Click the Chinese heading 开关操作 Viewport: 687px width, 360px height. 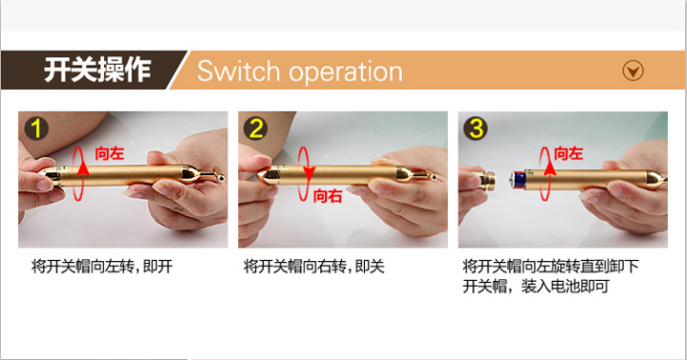pyautogui.click(x=97, y=70)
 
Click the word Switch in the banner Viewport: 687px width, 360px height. pyautogui.click(x=238, y=70)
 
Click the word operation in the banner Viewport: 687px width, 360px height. pyautogui.click(x=346, y=72)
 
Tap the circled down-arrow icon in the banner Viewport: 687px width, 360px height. pyautogui.click(x=633, y=70)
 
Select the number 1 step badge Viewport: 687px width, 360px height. pyautogui.click(x=36, y=129)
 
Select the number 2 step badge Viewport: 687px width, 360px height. pyautogui.click(x=256, y=129)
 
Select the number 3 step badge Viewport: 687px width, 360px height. pyautogui.click(x=476, y=129)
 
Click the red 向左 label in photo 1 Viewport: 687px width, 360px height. pyautogui.click(x=110, y=153)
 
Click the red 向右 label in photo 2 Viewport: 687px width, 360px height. pyautogui.click(x=327, y=196)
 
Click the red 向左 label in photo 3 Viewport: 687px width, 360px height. pyautogui.click(x=568, y=153)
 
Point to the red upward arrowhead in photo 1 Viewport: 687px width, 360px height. pyautogui.click(x=82, y=169)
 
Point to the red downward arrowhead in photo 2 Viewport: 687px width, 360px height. pyautogui.click(x=309, y=173)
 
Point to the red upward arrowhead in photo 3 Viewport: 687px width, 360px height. pyautogui.click(x=549, y=169)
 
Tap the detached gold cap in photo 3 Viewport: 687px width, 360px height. pyautogui.click(x=486, y=180)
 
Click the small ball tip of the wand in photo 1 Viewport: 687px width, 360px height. pyautogui.click(x=221, y=178)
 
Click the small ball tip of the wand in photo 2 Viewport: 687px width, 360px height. pyautogui.click(x=434, y=177)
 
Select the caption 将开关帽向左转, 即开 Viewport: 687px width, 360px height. pyautogui.click(x=102, y=267)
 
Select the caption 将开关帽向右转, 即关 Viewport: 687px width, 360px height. pyautogui.click(x=313, y=267)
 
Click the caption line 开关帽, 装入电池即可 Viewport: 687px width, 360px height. pyautogui.click(x=535, y=287)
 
